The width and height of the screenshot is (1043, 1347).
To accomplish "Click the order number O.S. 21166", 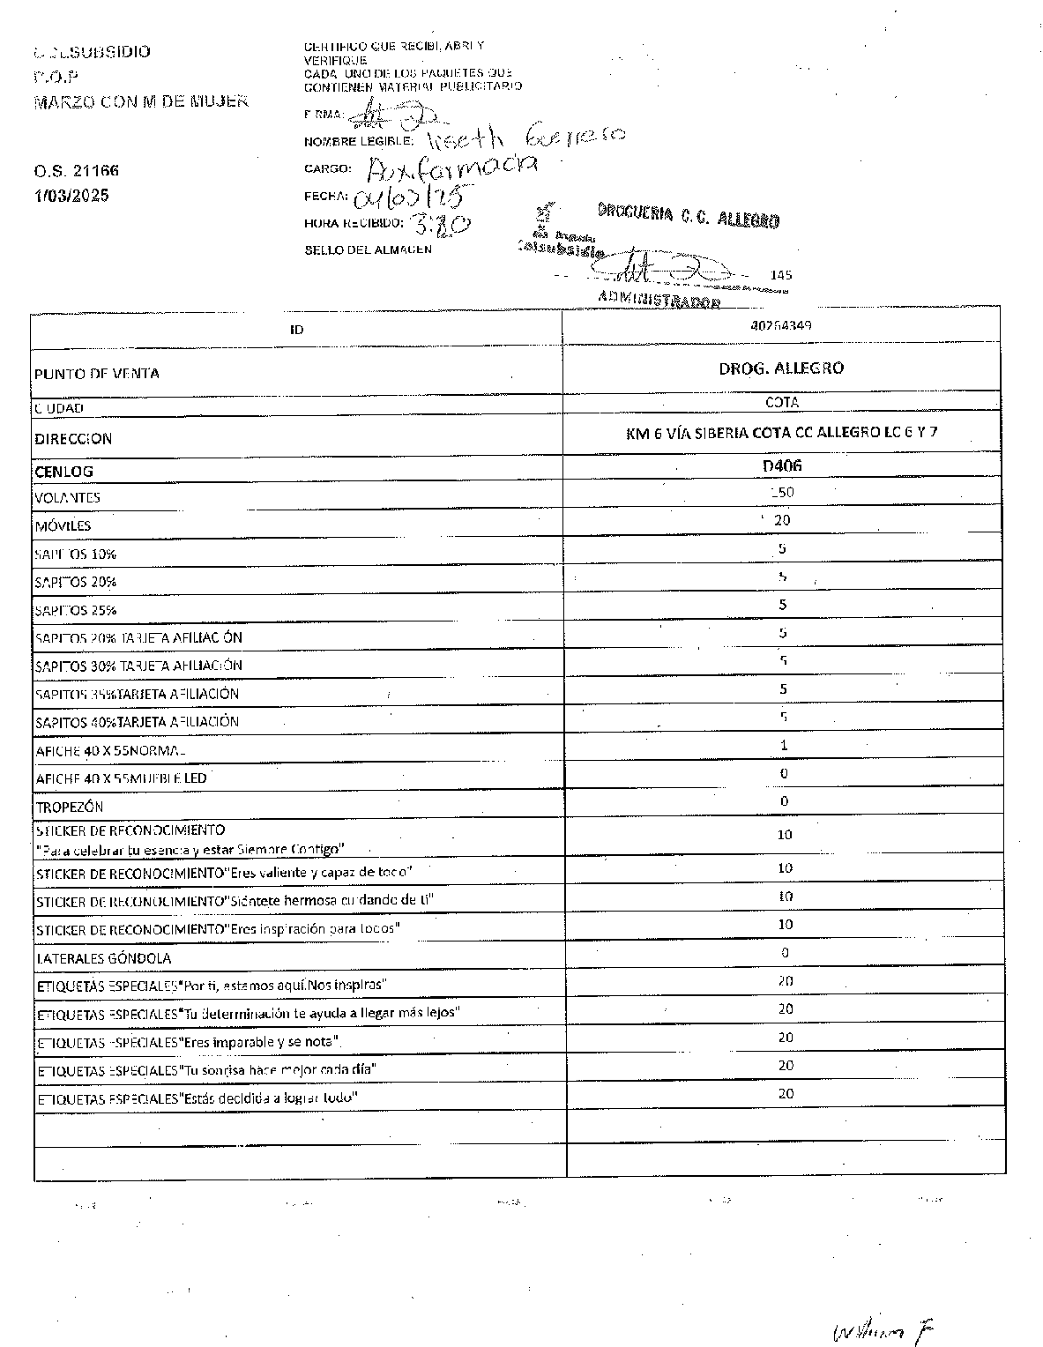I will [77, 170].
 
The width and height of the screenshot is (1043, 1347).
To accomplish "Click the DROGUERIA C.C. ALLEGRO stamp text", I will [688, 216].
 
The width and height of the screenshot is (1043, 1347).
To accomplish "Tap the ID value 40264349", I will [781, 325].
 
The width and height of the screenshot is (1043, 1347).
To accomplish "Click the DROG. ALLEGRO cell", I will [781, 368].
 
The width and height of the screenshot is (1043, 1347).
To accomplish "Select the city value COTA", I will [782, 402].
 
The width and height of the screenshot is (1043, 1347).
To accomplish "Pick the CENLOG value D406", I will [782, 465].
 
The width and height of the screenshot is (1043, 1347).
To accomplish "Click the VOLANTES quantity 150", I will [782, 492].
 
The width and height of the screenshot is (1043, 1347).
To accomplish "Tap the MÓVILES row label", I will [63, 526].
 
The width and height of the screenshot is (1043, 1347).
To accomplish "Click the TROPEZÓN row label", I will [70, 807].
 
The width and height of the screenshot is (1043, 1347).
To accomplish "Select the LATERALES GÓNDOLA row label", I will [104, 958].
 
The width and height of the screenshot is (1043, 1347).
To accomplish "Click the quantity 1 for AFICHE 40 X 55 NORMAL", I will [784, 745].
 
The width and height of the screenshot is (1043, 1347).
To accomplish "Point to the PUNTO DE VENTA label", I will [97, 374].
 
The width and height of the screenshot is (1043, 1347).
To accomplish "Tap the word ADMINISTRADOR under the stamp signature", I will [659, 300].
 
